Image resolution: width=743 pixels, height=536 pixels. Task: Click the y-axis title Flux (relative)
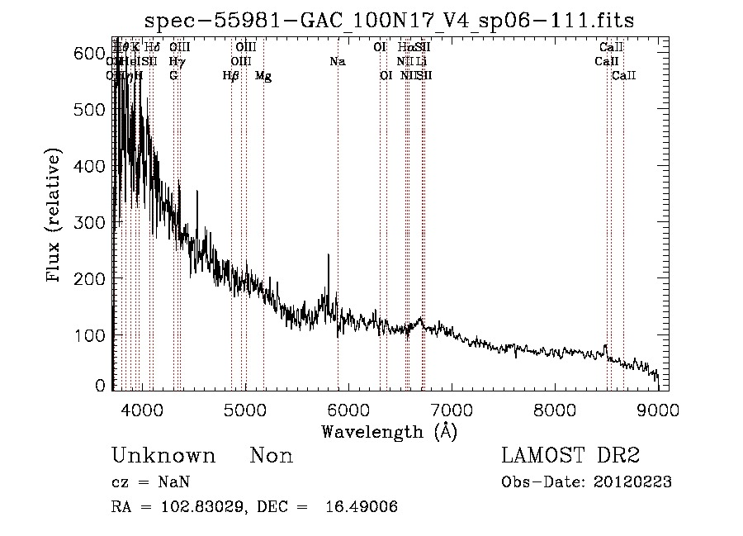point(55,217)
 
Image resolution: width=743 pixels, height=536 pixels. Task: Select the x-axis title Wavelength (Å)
point(389,431)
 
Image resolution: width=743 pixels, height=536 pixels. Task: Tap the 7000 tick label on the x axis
point(452,409)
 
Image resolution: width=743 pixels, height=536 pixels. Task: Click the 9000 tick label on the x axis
point(658,409)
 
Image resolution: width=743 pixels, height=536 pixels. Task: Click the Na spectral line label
point(337,61)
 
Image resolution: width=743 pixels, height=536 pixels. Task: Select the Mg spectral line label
point(263,76)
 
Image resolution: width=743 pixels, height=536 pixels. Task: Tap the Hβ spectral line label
point(231,76)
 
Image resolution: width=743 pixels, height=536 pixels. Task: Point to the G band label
point(173,75)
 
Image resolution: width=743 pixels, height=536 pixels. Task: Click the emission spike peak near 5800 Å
point(329,256)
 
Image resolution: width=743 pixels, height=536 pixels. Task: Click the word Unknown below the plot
point(163,456)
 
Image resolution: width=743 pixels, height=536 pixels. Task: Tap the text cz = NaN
point(153,482)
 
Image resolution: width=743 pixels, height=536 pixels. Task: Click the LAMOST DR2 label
point(570,456)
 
